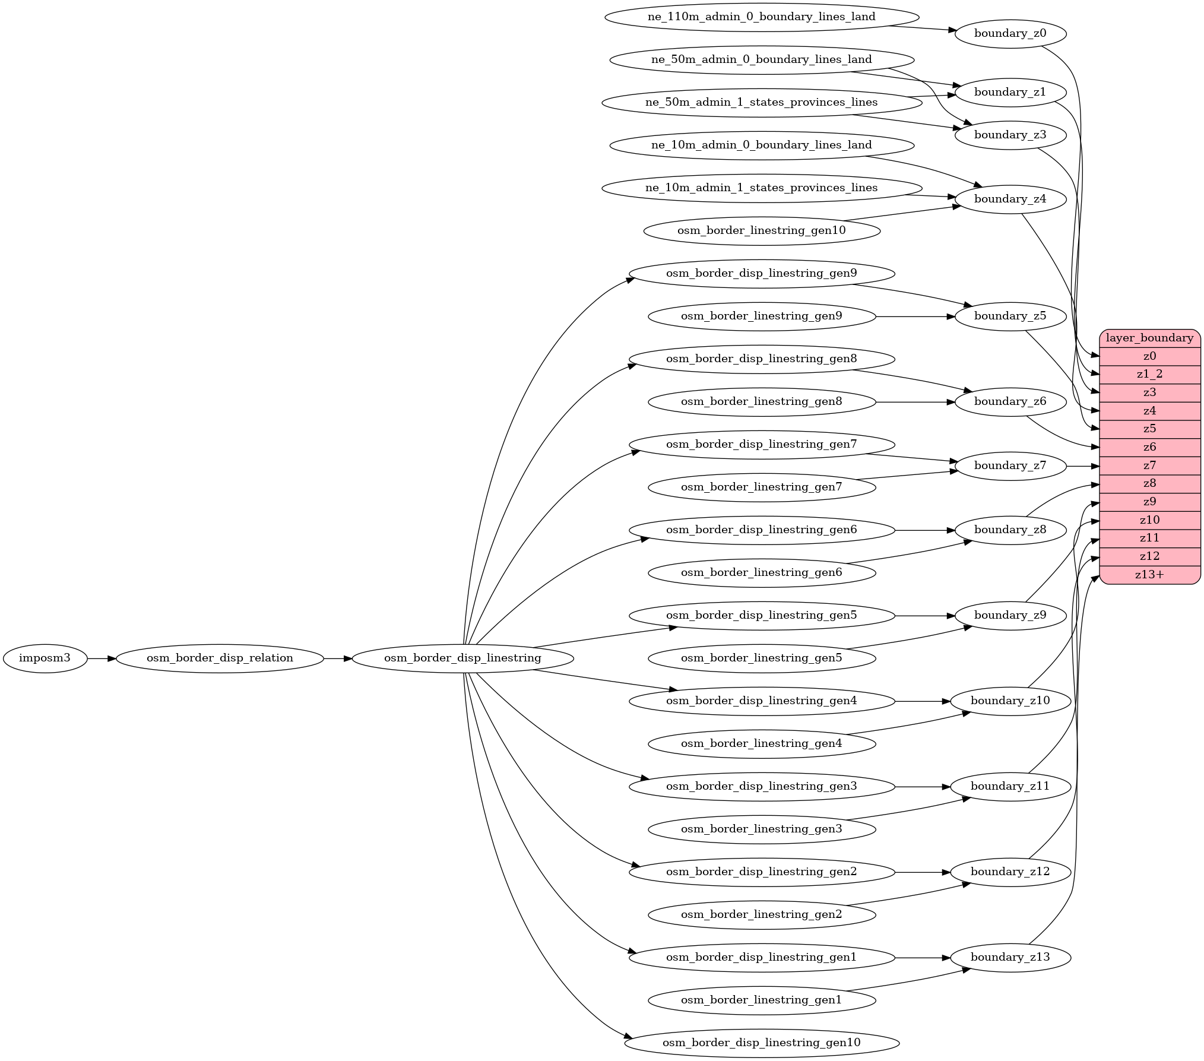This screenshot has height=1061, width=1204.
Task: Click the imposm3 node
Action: tap(45, 658)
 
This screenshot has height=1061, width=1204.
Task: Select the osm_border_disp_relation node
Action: tap(220, 658)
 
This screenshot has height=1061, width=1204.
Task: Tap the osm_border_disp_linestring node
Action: tap(462, 658)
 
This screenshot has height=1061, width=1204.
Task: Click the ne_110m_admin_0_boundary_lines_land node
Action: tap(762, 17)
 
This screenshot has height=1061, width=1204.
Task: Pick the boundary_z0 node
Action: tap(1010, 33)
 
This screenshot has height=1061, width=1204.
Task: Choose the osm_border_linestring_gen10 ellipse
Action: tap(762, 230)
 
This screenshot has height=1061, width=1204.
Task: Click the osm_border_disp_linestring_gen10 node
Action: tap(762, 1043)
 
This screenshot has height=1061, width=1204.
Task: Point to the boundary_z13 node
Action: tap(1010, 957)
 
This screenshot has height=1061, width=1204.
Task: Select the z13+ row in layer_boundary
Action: tap(1149, 575)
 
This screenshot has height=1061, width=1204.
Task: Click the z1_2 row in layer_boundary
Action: tap(1149, 374)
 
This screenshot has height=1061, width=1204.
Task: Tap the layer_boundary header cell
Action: tap(1149, 338)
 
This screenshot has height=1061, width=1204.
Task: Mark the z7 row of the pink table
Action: tap(1149, 465)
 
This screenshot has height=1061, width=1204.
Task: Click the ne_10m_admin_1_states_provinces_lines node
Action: tap(762, 188)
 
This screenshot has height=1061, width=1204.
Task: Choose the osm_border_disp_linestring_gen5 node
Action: tap(762, 615)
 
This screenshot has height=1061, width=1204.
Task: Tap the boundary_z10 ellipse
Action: tap(1010, 701)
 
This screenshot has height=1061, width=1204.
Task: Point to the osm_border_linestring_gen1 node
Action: tap(762, 1000)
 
